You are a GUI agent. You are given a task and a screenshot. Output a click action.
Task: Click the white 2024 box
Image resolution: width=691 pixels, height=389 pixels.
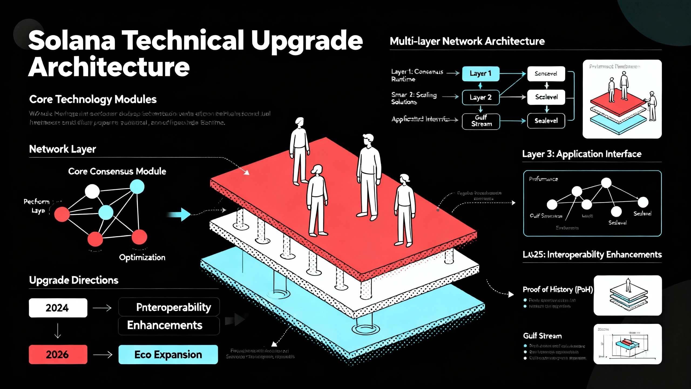point(58,308)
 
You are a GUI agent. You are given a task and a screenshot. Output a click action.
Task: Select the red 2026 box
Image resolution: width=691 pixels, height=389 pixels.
point(58,354)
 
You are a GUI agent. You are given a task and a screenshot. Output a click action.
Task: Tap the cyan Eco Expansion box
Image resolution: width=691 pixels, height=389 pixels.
point(168,354)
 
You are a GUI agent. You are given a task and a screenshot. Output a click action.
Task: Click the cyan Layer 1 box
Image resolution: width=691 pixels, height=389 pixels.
point(480,73)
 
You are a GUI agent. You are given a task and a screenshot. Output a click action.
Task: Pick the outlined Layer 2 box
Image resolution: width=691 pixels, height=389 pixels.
point(480,97)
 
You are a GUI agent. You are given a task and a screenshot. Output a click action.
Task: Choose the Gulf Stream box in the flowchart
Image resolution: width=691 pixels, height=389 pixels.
point(481,121)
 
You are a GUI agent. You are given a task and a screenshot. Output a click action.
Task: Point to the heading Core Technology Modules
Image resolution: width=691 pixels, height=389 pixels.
point(93,99)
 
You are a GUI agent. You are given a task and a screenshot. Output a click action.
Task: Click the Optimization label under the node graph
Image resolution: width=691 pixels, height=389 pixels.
point(142,257)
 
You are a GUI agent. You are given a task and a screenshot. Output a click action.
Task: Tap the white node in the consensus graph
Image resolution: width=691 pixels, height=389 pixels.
point(92,191)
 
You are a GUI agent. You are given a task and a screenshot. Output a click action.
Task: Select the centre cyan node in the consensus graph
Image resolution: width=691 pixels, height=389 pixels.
point(106,212)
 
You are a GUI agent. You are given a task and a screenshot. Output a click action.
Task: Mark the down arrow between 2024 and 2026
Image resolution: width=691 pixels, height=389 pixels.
point(58,331)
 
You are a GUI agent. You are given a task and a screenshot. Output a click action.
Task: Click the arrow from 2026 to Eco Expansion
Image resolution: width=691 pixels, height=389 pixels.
point(103,354)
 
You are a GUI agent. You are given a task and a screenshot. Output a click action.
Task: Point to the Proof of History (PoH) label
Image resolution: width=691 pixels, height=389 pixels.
point(558,289)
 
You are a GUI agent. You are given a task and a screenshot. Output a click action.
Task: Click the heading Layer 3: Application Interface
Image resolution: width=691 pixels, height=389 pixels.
point(582,154)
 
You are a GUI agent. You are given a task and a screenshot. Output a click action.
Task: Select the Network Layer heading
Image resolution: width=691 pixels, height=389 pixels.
point(62,149)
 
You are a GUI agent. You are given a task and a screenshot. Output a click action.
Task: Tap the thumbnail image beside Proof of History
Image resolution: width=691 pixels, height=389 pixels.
point(628,295)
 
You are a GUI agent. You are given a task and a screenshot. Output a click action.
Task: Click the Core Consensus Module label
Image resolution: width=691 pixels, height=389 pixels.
point(117,171)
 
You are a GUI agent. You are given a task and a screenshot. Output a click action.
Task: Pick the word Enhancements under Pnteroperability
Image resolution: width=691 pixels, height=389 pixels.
point(165,325)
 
